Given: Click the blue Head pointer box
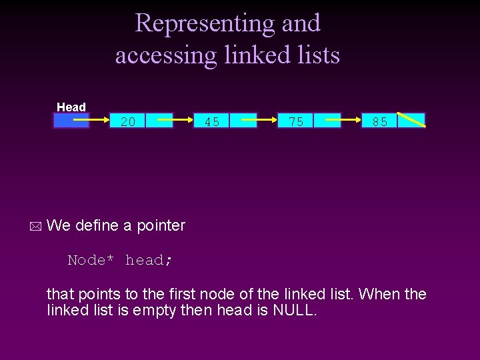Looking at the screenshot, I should [x=71, y=121].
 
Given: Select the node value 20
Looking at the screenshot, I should [x=128, y=121].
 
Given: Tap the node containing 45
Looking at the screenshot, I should [x=213, y=121].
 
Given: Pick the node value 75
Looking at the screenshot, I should [x=296, y=121].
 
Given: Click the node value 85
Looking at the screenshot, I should [x=380, y=121].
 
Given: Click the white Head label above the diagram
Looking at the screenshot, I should [x=71, y=107].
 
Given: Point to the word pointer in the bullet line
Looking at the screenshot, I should [x=161, y=225].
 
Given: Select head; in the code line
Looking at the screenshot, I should [x=149, y=260].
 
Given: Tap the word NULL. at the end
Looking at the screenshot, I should [x=295, y=310].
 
